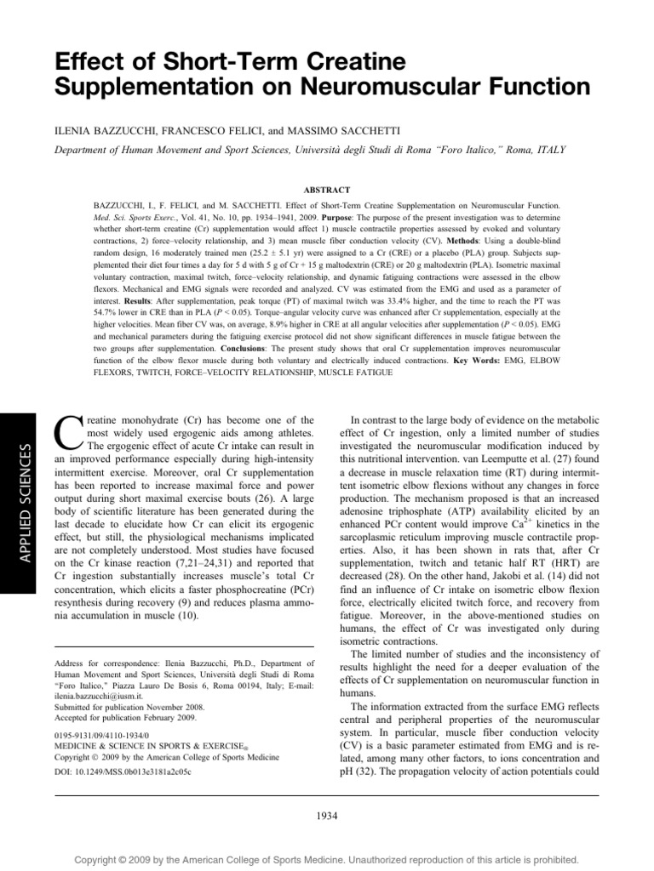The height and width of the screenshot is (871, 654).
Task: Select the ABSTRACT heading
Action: [326, 190]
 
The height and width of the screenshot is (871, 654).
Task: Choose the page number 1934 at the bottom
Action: [326, 816]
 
